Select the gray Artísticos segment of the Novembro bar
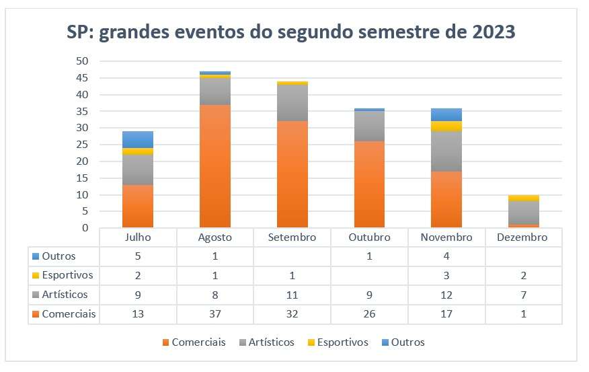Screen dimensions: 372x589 pos(446,151)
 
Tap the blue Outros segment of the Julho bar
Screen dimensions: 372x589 pos(138,139)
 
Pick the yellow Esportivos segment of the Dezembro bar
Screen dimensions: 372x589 pos(524,198)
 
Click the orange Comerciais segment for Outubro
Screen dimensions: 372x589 pos(369,184)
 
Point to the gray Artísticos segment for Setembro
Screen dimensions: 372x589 pos(292,103)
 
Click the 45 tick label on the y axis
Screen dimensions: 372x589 pos(82,78)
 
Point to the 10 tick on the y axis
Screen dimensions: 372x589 pos(82,195)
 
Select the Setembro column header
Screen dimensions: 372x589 pos(292,237)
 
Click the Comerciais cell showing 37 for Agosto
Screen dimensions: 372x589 pos(215,314)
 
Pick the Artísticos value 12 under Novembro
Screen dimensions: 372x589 pos(446,295)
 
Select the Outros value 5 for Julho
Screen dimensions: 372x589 pos(138,256)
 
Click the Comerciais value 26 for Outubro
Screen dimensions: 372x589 pos(369,314)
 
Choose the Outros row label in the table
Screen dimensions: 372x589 pos(59,256)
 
